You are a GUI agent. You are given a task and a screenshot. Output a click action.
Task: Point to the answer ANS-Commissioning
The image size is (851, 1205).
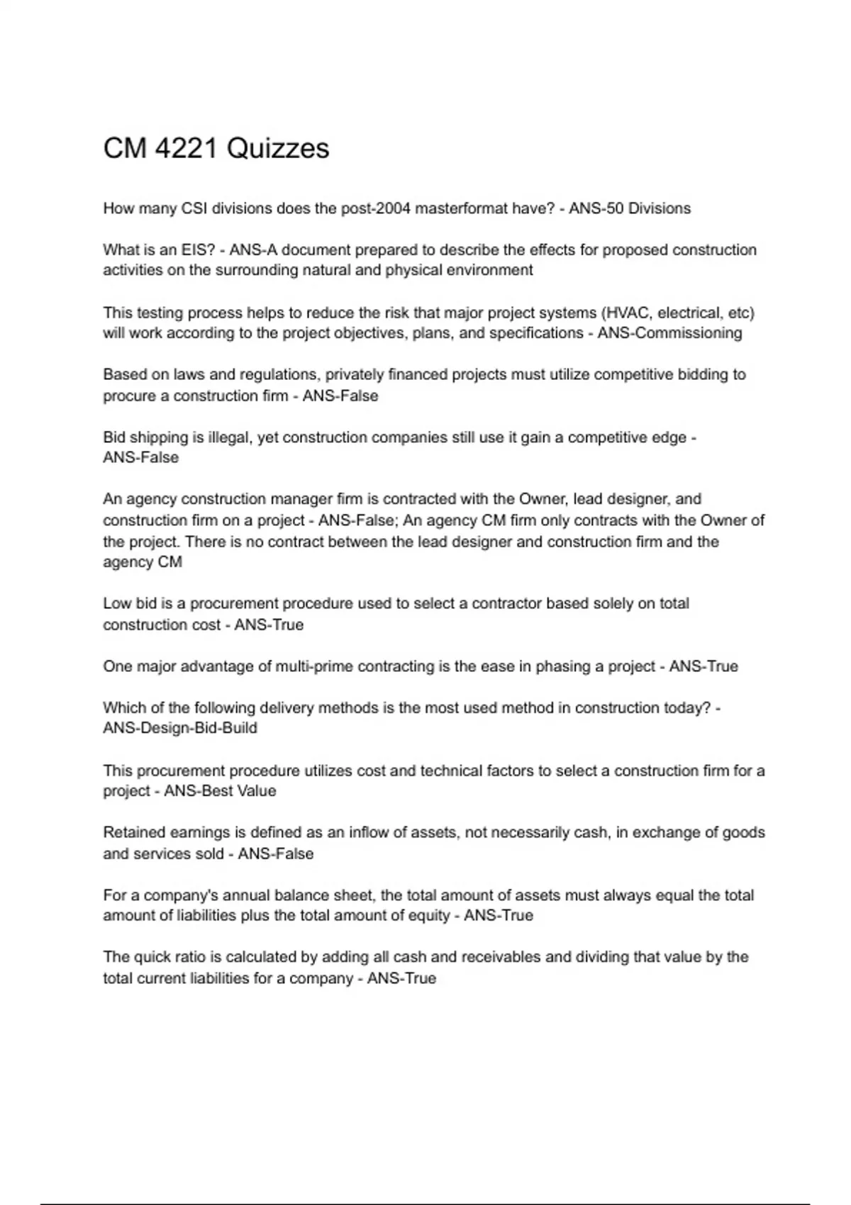(x=669, y=333)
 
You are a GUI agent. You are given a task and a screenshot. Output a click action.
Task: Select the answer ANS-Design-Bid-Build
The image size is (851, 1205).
(x=180, y=729)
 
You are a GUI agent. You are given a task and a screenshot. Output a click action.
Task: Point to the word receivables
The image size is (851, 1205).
(x=501, y=958)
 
